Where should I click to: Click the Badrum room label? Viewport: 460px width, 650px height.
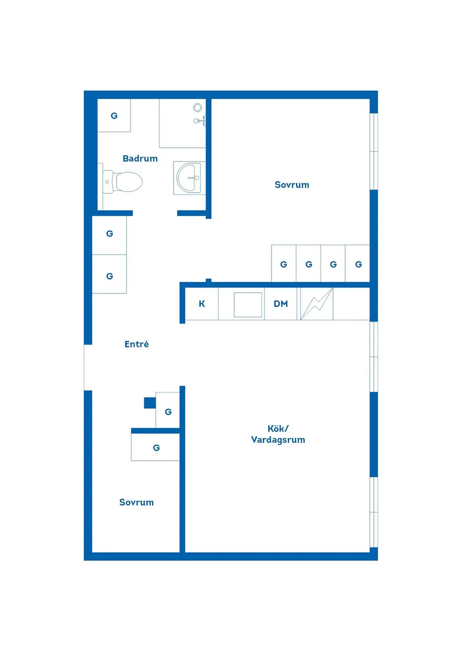(x=140, y=159)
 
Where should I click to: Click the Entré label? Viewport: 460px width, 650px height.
(x=137, y=345)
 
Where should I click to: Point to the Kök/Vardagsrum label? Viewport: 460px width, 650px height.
(x=278, y=434)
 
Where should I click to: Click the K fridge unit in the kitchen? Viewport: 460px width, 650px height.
(x=202, y=304)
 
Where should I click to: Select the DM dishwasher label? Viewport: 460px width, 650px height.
(x=281, y=304)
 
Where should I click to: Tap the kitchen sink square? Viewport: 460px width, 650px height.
(x=248, y=304)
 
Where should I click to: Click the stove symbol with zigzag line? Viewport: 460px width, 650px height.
(x=316, y=304)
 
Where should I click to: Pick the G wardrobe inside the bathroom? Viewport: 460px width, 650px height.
(x=114, y=116)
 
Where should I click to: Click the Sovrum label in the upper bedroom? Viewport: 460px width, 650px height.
(x=292, y=185)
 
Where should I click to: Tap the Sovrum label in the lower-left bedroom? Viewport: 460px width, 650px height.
(x=137, y=502)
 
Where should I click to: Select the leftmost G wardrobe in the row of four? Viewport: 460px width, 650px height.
(x=284, y=264)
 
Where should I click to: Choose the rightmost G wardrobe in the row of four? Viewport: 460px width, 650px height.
(x=358, y=264)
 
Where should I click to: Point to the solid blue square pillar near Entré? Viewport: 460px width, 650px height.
(x=149, y=403)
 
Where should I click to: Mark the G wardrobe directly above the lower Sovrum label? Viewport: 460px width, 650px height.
(x=156, y=447)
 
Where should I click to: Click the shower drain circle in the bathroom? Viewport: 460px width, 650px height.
(x=197, y=107)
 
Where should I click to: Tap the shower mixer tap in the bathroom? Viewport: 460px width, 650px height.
(x=200, y=120)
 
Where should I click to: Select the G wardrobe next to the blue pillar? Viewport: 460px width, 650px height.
(x=168, y=411)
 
